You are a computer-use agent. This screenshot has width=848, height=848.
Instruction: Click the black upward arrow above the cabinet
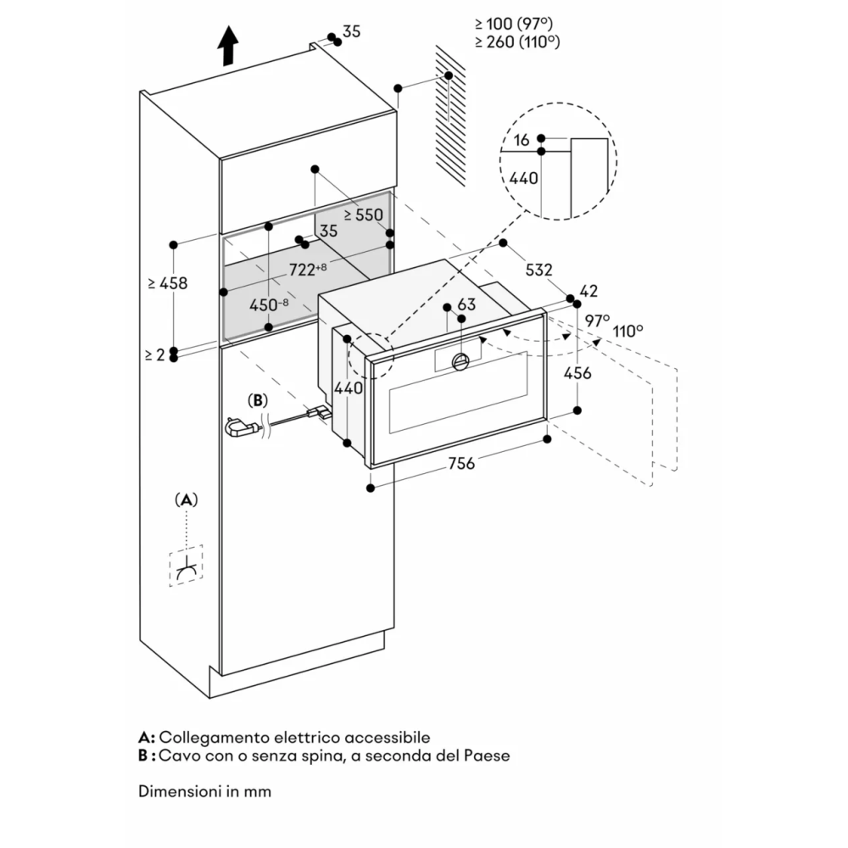pyautogui.click(x=227, y=45)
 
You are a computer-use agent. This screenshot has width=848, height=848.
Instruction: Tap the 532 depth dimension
pyautogui.click(x=539, y=271)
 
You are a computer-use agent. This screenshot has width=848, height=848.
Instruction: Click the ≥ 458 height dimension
pyautogui.click(x=166, y=283)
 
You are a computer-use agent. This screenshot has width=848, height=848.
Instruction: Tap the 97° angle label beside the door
pyautogui.click(x=597, y=321)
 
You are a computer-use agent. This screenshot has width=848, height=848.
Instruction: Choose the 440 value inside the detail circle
pyautogui.click(x=522, y=178)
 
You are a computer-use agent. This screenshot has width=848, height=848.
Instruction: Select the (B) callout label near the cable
pyautogui.click(x=257, y=399)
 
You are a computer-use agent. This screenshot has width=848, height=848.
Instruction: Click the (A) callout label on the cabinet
pyautogui.click(x=187, y=499)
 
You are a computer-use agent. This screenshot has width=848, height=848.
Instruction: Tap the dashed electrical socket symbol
pyautogui.click(x=187, y=566)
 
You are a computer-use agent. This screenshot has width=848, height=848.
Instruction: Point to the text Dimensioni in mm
pyautogui.click(x=204, y=791)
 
